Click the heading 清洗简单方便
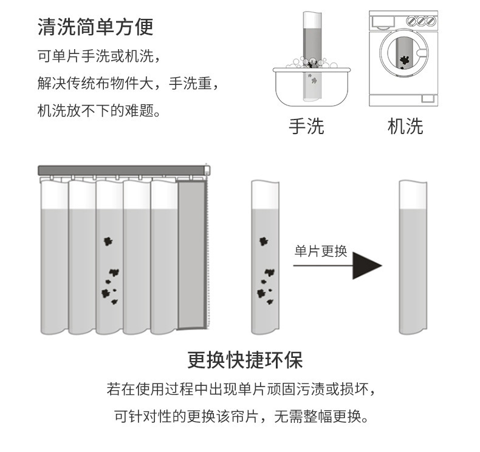tap(95, 27)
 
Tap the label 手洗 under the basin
tap(306, 126)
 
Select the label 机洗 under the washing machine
tap(405, 126)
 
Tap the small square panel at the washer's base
tap(428, 98)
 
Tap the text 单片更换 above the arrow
tap(321, 251)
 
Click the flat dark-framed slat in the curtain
tap(192, 255)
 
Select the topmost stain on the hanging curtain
tap(108, 241)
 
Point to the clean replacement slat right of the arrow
tap(413, 258)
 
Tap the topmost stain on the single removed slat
tap(264, 241)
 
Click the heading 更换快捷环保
tap(244, 360)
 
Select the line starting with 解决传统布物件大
tap(127, 84)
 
